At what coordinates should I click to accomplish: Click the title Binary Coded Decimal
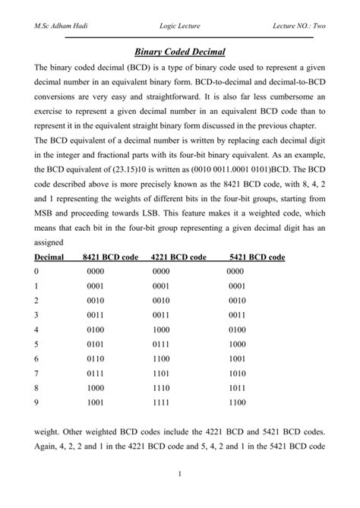tap(180, 52)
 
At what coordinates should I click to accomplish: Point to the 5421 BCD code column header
tap(257, 257)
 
